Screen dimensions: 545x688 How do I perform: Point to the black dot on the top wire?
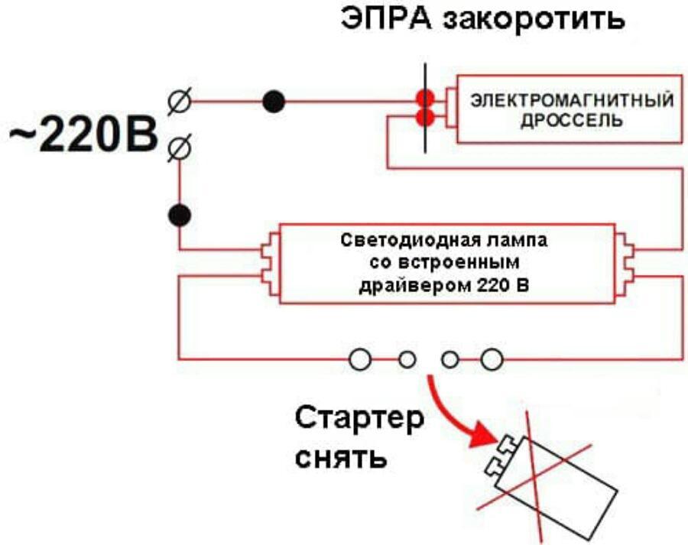coord(273,100)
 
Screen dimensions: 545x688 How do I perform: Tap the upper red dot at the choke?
coord(425,99)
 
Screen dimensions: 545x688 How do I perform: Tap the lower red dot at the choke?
coord(425,118)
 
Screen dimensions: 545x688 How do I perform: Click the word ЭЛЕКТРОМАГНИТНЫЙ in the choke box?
coord(571,100)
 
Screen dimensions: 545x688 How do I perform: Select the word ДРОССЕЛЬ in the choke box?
coord(571,122)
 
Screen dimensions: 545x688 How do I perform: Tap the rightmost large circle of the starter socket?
coord(492,358)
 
